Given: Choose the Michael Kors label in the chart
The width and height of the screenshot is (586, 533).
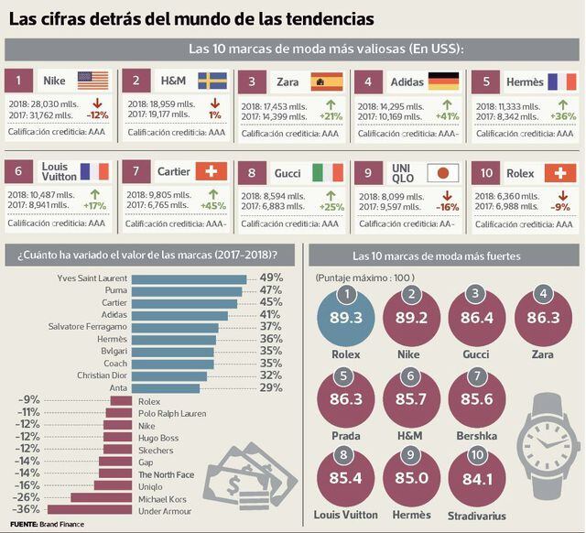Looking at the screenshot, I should (162, 497).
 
